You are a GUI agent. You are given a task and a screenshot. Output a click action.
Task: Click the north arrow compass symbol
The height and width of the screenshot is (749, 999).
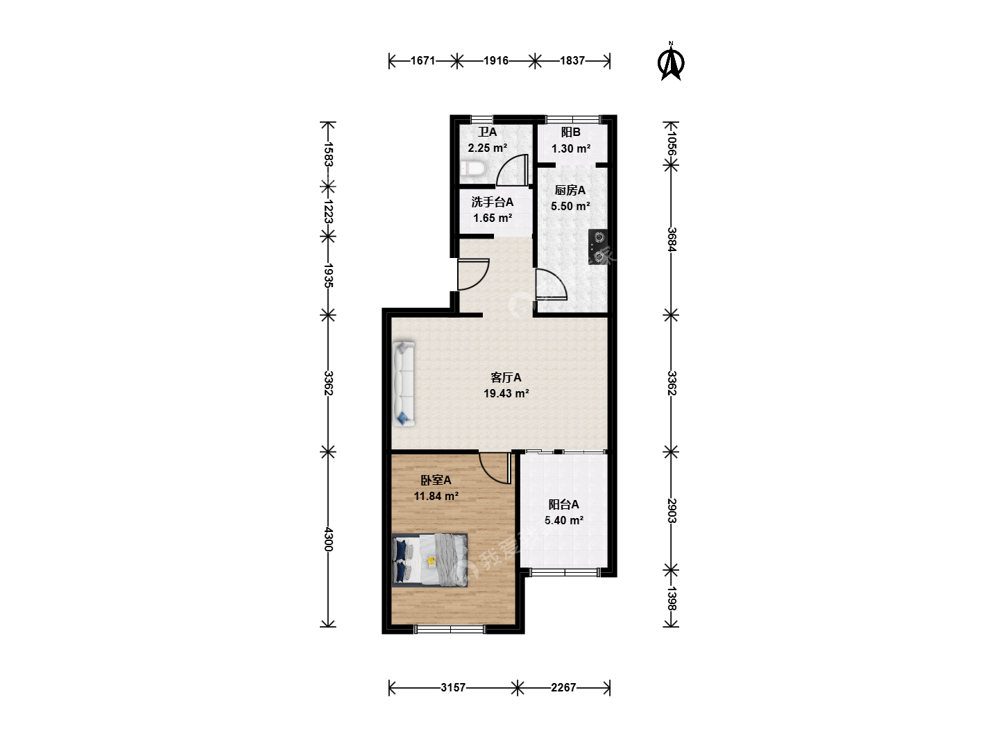[x=670, y=61]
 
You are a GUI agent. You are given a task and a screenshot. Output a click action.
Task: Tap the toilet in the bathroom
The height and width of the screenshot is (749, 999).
[x=473, y=169]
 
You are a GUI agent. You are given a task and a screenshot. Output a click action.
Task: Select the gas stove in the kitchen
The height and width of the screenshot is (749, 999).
[x=597, y=247]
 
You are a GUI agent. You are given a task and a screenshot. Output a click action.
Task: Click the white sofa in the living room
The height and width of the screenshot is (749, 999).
[x=404, y=384]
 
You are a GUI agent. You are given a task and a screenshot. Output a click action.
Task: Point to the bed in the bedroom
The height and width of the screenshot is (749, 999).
[x=429, y=560]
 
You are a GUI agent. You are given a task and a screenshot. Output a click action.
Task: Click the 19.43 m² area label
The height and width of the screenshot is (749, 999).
[x=506, y=393]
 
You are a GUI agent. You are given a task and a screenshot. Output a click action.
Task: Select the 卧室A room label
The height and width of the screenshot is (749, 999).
[x=436, y=480]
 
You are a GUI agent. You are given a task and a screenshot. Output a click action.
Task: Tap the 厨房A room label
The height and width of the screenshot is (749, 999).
[x=570, y=190]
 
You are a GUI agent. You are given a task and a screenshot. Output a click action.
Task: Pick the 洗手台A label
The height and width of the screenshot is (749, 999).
[x=492, y=202]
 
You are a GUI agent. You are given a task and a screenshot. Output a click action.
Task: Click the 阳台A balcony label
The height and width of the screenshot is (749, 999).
[x=563, y=504]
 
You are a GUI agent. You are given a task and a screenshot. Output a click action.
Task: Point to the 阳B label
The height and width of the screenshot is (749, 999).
[x=570, y=132]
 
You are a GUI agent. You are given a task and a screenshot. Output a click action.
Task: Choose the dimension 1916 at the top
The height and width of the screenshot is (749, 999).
[x=495, y=60]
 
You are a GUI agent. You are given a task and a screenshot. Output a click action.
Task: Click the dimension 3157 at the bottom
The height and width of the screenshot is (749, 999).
[x=453, y=687]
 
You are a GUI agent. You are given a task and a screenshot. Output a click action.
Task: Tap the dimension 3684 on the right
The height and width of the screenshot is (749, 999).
[x=672, y=239]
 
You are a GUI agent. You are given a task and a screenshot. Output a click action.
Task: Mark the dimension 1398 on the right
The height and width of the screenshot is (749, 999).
[x=672, y=598]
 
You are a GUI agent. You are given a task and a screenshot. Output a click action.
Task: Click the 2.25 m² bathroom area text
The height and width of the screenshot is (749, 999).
[x=487, y=148]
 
